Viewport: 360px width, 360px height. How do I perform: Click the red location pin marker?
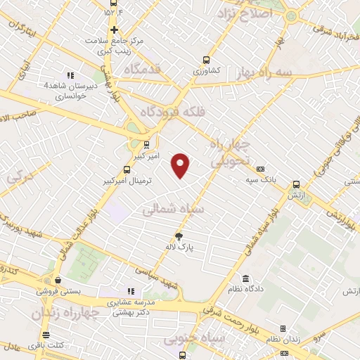[181, 165]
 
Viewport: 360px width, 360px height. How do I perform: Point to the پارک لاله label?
[180, 247]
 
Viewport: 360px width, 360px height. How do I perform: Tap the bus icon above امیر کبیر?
[137, 146]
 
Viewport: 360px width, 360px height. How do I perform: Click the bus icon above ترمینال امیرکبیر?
[127, 169]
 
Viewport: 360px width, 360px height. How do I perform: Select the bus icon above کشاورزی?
[206, 60]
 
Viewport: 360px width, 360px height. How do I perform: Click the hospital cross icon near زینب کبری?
[114, 30]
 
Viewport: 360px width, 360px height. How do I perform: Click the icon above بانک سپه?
[261, 169]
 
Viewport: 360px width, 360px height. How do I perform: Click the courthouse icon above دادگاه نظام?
[245, 279]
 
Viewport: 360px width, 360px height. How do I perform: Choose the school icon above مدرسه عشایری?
[130, 290]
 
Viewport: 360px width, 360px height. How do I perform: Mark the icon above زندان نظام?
[283, 328]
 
